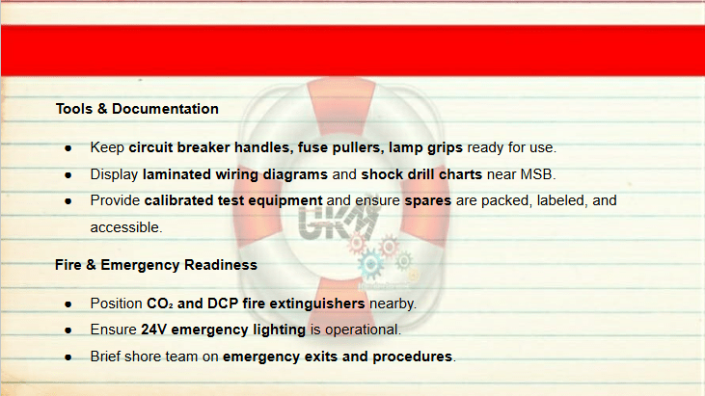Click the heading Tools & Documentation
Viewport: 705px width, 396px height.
(137, 109)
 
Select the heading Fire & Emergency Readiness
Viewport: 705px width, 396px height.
(156, 265)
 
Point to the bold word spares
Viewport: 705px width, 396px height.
(427, 200)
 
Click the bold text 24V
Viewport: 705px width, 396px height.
(153, 330)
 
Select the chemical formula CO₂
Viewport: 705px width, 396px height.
(160, 304)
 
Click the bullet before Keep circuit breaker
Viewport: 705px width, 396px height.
(68, 148)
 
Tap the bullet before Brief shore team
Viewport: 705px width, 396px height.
(68, 357)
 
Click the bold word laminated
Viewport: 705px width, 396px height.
(176, 174)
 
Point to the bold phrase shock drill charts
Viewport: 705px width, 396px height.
(421, 174)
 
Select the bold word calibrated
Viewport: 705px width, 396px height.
(178, 200)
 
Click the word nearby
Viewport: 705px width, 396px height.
(393, 304)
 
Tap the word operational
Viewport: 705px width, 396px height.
(362, 330)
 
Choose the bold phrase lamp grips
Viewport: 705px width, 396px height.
(425, 147)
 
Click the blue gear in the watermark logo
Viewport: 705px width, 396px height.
(371, 265)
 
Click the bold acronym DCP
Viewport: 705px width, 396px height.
(223, 304)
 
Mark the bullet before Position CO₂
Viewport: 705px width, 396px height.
(68, 304)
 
